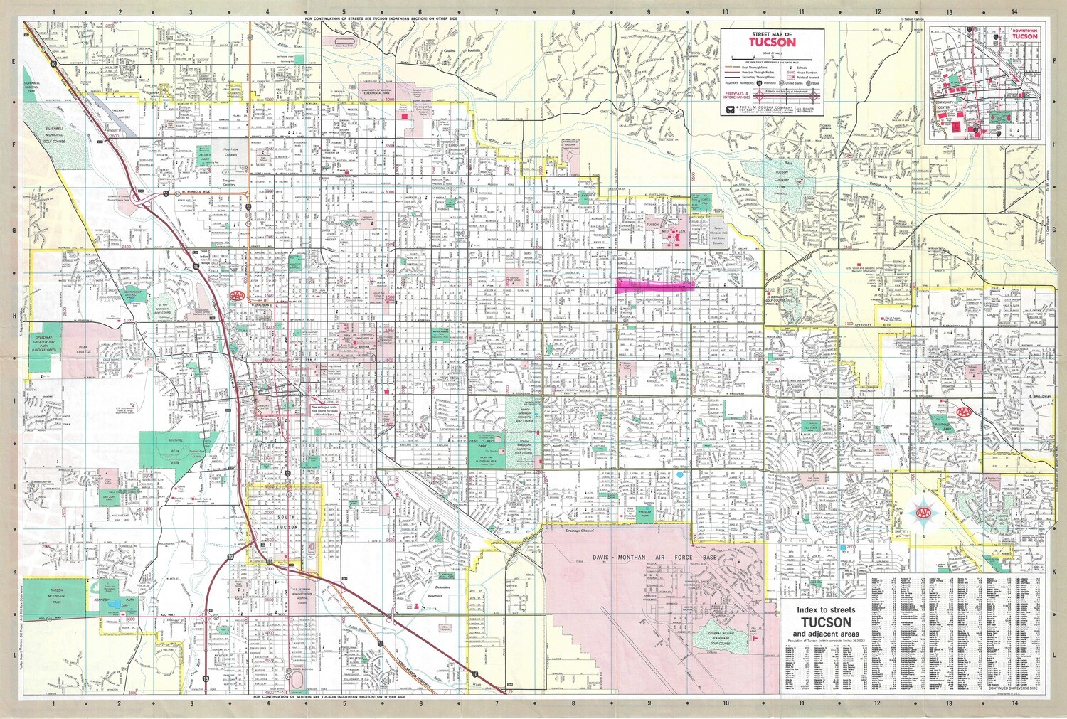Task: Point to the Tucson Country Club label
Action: pyautogui.click(x=782, y=176)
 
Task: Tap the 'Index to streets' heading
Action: pyautogui.click(x=825, y=610)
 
